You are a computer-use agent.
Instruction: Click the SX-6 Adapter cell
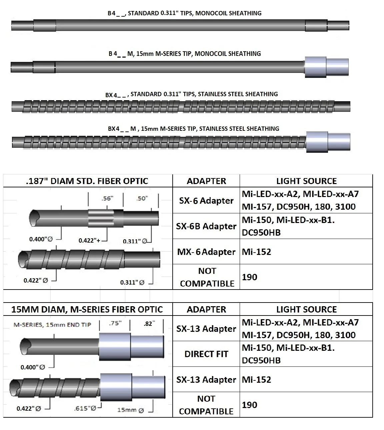[x=206, y=201]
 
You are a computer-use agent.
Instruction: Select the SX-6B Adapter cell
[x=206, y=226]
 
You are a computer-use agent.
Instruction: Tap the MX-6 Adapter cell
[x=206, y=252]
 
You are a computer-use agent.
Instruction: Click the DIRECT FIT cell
[x=206, y=354]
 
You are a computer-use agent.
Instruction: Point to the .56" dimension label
[x=107, y=198]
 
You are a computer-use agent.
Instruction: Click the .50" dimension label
[x=142, y=198]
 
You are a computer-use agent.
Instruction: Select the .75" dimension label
[x=115, y=323]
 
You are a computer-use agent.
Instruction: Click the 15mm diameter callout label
[x=130, y=410]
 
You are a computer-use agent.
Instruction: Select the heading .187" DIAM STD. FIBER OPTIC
[x=87, y=181]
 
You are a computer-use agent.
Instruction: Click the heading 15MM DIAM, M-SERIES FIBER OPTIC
[x=87, y=310]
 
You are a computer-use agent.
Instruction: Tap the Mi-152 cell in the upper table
[x=257, y=252]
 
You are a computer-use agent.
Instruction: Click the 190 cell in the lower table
[x=250, y=405]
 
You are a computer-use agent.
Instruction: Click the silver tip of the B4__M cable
[x=326, y=67]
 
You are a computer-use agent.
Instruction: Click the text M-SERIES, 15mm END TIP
[x=52, y=324]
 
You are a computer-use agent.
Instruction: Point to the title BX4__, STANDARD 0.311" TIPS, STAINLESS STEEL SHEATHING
[x=192, y=95]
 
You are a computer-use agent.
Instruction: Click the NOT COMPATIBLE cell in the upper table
[x=207, y=277]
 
